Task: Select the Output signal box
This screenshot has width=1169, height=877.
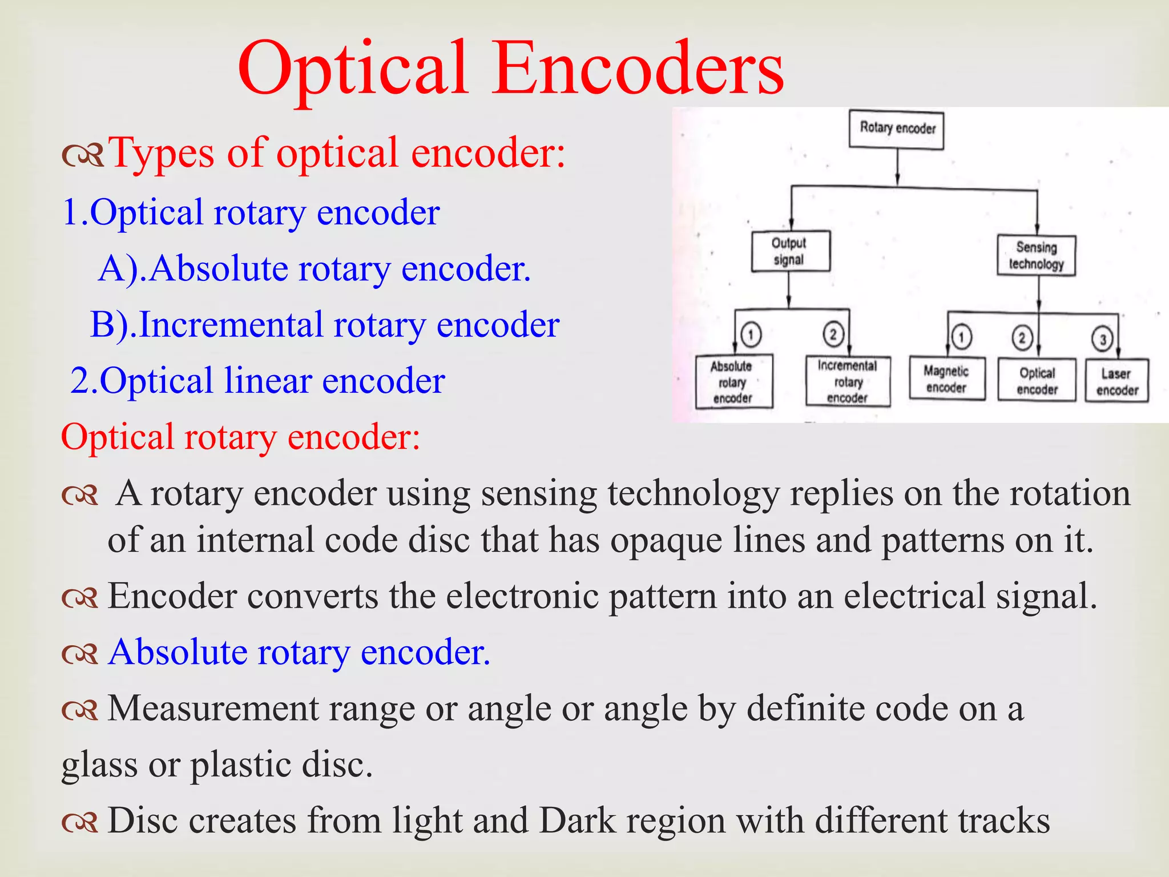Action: pyautogui.click(x=790, y=251)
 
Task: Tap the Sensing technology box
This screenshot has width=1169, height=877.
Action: pyautogui.click(x=1036, y=256)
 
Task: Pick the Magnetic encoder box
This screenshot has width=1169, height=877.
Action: pyautogui.click(x=946, y=379)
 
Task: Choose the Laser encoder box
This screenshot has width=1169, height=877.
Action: pyautogui.click(x=1116, y=381)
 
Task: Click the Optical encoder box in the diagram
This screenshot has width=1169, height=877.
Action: pyautogui.click(x=1037, y=381)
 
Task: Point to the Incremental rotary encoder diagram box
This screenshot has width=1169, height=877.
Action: pyautogui.click(x=848, y=381)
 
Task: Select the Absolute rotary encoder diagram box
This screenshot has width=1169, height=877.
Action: pyautogui.click(x=733, y=381)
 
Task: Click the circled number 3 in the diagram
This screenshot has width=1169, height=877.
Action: pyautogui.click(x=1102, y=339)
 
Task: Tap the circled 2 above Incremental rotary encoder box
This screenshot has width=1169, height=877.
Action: pyautogui.click(x=833, y=334)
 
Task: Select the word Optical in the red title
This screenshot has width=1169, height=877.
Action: pyautogui.click(x=353, y=69)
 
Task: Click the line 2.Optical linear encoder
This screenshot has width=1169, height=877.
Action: pyautogui.click(x=257, y=381)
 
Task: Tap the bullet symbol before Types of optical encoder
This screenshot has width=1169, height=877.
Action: pyautogui.click(x=83, y=155)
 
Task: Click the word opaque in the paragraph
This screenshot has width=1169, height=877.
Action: pyautogui.click(x=666, y=540)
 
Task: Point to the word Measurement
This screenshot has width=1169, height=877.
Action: pyautogui.click(x=213, y=709)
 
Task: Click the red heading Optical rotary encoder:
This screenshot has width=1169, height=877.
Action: pyautogui.click(x=240, y=437)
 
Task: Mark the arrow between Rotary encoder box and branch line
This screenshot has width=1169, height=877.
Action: pyautogui.click(x=897, y=168)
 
